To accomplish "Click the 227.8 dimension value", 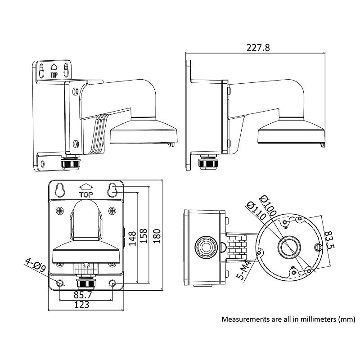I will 258,48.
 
